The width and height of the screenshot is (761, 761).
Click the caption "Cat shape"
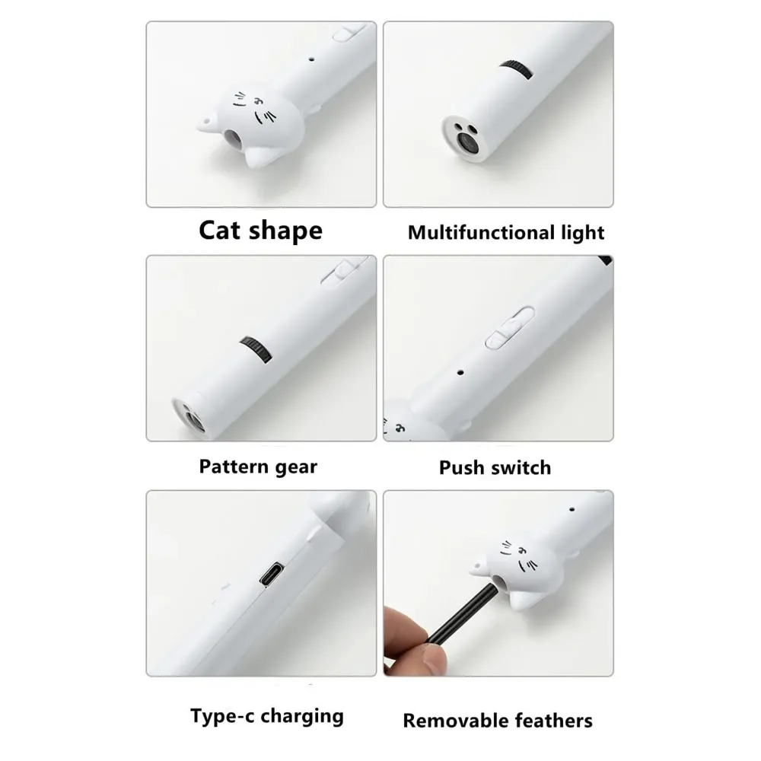click(260, 230)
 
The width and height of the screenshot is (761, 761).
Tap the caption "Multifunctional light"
click(505, 232)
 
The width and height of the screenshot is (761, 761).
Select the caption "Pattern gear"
click(258, 466)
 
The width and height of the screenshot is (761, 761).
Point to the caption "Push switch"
click(495, 466)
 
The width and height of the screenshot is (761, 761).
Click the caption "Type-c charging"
click(266, 715)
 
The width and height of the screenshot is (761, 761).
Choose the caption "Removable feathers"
click(498, 719)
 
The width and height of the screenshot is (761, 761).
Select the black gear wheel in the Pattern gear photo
click(255, 352)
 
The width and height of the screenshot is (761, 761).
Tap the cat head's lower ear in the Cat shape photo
click(261, 158)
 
